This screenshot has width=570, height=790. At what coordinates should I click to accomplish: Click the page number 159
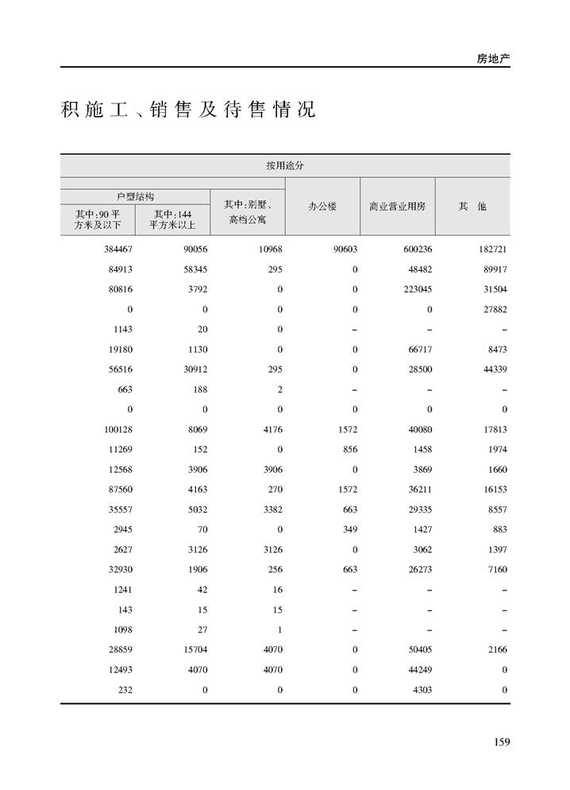(x=501, y=742)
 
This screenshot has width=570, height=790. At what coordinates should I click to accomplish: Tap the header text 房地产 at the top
(x=492, y=59)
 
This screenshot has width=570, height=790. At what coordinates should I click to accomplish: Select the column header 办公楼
(x=322, y=207)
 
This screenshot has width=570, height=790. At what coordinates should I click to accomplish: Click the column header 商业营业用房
(x=397, y=207)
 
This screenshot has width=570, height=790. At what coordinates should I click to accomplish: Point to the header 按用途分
(x=285, y=166)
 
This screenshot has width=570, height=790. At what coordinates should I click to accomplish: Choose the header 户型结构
(x=135, y=196)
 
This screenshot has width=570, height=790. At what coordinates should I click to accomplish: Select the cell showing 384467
(x=117, y=249)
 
